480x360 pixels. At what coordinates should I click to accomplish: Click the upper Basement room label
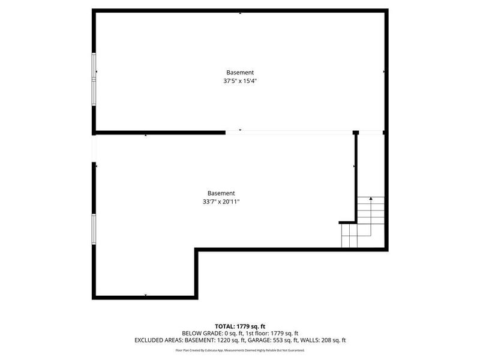pos(240,72)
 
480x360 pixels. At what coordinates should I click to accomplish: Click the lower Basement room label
pos(221,193)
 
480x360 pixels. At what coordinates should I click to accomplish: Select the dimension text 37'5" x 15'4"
pos(240,81)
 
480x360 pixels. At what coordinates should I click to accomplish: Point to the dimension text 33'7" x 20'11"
pos(221,202)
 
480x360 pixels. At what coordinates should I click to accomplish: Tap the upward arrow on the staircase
pos(371,199)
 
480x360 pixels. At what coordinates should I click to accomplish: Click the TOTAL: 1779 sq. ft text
pos(240,326)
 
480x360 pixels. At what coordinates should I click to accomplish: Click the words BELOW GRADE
pos(200,333)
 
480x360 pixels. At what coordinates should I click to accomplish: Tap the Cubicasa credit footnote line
pos(240,350)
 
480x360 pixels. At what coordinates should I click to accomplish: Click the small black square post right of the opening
pos(355,132)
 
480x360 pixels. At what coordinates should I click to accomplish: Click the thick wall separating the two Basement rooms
pos(159,132)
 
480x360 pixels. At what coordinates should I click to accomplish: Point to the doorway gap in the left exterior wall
pos(94,148)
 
